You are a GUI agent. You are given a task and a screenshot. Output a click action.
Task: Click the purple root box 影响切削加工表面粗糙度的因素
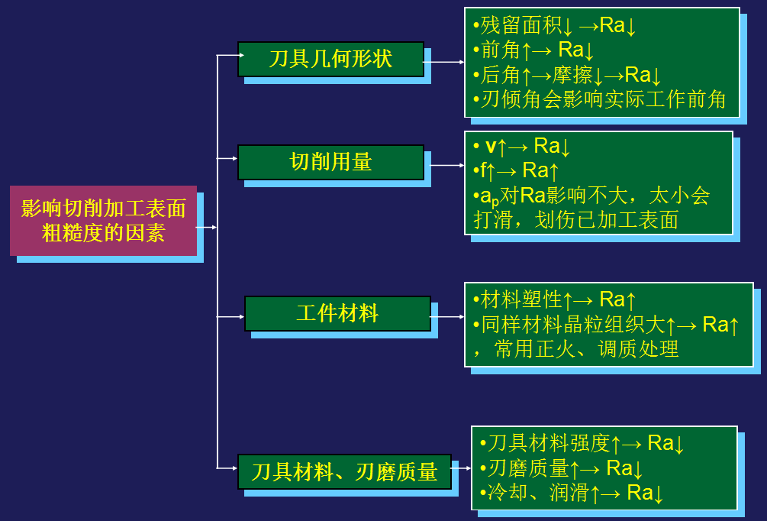coord(103,220)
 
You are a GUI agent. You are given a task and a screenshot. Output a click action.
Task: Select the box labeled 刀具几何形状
coord(330,59)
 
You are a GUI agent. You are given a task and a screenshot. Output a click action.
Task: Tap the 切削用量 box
coord(330,162)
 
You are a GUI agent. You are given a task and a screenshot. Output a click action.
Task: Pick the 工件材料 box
coord(337,313)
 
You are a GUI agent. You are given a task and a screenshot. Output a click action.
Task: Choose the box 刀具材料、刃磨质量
coord(344,471)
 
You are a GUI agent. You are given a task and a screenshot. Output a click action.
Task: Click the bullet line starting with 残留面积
coord(558,26)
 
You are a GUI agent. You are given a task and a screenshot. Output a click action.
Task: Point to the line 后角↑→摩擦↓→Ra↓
coord(571,75)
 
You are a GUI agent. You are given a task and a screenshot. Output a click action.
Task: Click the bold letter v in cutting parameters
coord(491,146)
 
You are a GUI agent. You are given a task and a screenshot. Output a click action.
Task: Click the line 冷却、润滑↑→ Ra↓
coord(572,493)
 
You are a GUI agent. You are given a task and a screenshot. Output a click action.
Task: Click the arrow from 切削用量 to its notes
coord(446,164)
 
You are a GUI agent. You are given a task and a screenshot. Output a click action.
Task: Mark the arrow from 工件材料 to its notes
coord(448,316)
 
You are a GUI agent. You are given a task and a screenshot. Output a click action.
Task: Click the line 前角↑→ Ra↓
coord(537,50)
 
